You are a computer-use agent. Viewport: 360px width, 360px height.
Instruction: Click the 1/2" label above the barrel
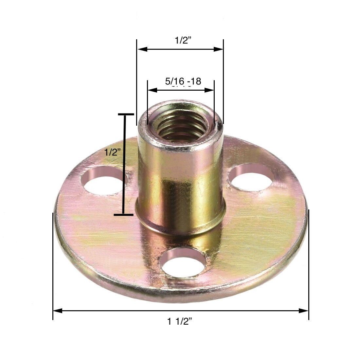click(183, 41)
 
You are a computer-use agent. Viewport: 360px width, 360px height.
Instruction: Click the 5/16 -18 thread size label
click(183, 81)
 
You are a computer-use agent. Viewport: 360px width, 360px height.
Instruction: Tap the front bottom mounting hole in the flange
click(183, 262)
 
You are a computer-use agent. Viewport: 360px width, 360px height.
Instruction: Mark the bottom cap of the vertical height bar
click(124, 215)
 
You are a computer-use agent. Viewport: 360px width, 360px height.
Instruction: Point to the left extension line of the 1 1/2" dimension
click(53, 262)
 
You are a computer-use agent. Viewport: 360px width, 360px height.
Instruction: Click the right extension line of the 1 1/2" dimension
click(309, 262)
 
